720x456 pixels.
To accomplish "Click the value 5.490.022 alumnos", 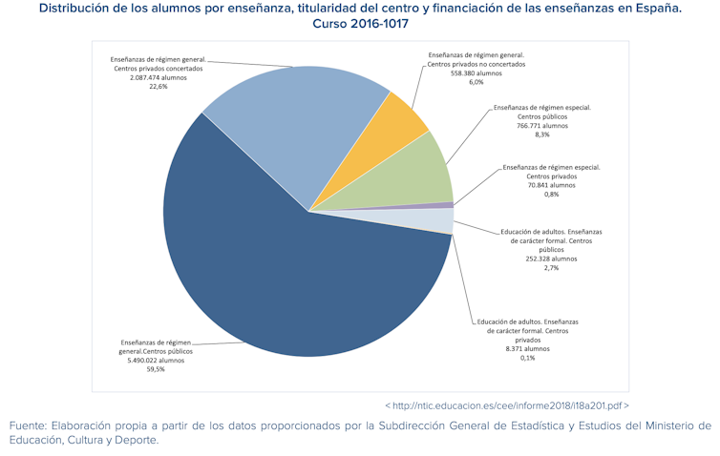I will point(156,361).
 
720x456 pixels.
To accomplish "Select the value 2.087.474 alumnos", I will point(159,77).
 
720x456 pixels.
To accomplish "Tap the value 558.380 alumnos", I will point(476,73).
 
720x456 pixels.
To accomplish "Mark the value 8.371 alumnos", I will point(527,349).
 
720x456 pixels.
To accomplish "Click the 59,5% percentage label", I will point(156,369).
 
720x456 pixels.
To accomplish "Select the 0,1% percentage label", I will point(527,358).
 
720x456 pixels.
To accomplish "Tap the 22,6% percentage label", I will point(159,86).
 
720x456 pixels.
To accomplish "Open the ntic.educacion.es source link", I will point(506,404).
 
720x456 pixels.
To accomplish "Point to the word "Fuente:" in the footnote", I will point(30,425).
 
